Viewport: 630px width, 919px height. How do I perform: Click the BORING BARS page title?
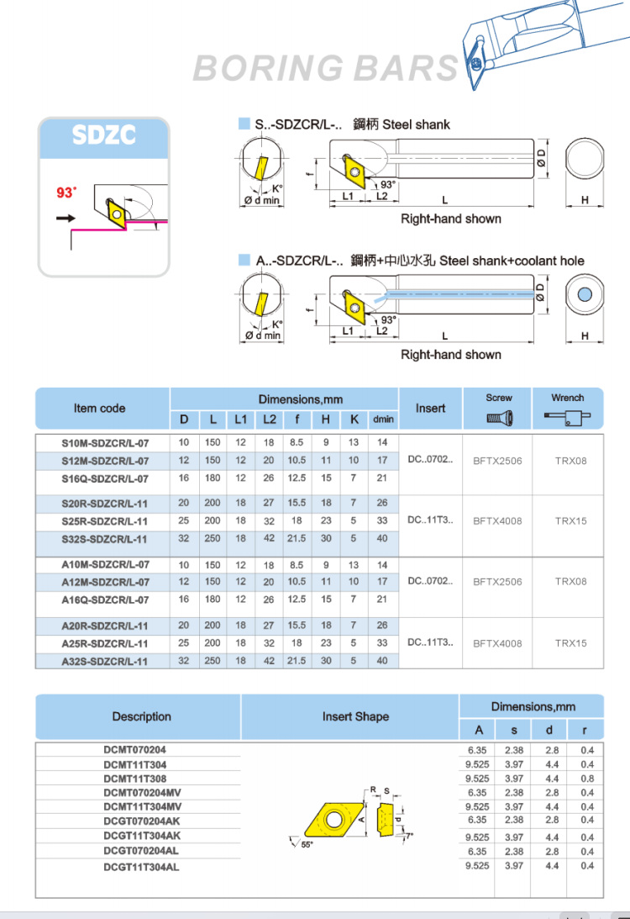(326, 68)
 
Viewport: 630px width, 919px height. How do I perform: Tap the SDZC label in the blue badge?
(103, 135)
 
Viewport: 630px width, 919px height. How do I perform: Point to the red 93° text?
(66, 193)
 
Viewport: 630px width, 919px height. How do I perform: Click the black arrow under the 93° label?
(66, 218)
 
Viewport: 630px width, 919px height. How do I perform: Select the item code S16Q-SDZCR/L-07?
(105, 479)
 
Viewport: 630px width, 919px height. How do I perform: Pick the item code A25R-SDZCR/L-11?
(105, 643)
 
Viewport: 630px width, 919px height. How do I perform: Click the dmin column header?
(384, 419)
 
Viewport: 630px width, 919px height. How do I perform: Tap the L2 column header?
(270, 419)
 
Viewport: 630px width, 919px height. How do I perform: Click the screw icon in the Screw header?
(500, 418)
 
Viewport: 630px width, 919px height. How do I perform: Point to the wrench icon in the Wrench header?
(567, 417)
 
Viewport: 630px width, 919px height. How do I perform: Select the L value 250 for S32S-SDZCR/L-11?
(213, 538)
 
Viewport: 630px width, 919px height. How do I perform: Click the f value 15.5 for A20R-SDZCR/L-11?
(297, 626)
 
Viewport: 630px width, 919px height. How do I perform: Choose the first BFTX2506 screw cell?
(497, 461)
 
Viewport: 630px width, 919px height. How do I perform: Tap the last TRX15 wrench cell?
(571, 643)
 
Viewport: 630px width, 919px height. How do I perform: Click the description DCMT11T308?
(135, 779)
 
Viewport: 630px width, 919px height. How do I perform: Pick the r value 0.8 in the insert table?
(587, 779)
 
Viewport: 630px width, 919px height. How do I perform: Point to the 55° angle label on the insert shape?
(307, 844)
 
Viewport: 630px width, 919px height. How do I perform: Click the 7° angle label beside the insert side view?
(410, 836)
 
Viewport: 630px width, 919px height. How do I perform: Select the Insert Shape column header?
(355, 716)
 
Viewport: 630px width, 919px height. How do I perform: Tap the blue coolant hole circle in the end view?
(585, 294)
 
